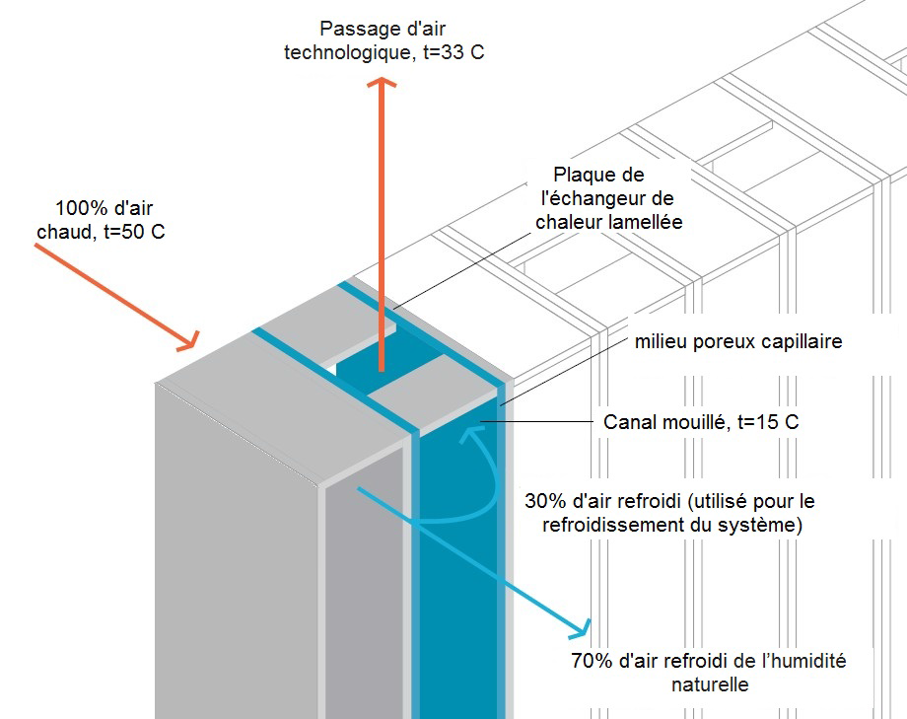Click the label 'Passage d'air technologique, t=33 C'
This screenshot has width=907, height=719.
tap(384, 40)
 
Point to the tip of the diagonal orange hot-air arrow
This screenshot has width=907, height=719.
tap(193, 346)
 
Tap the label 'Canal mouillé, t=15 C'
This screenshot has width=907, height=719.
tap(700, 422)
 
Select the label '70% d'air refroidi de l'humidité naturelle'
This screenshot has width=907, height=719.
tap(708, 672)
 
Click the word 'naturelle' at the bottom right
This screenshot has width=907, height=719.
tap(709, 683)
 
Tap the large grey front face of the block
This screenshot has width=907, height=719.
tap(237, 552)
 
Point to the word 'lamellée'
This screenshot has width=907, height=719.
tap(647, 222)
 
